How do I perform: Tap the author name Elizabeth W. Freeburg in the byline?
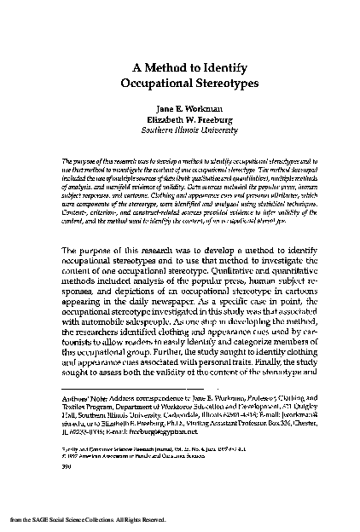(180, 121)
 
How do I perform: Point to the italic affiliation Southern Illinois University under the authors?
(180, 131)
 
